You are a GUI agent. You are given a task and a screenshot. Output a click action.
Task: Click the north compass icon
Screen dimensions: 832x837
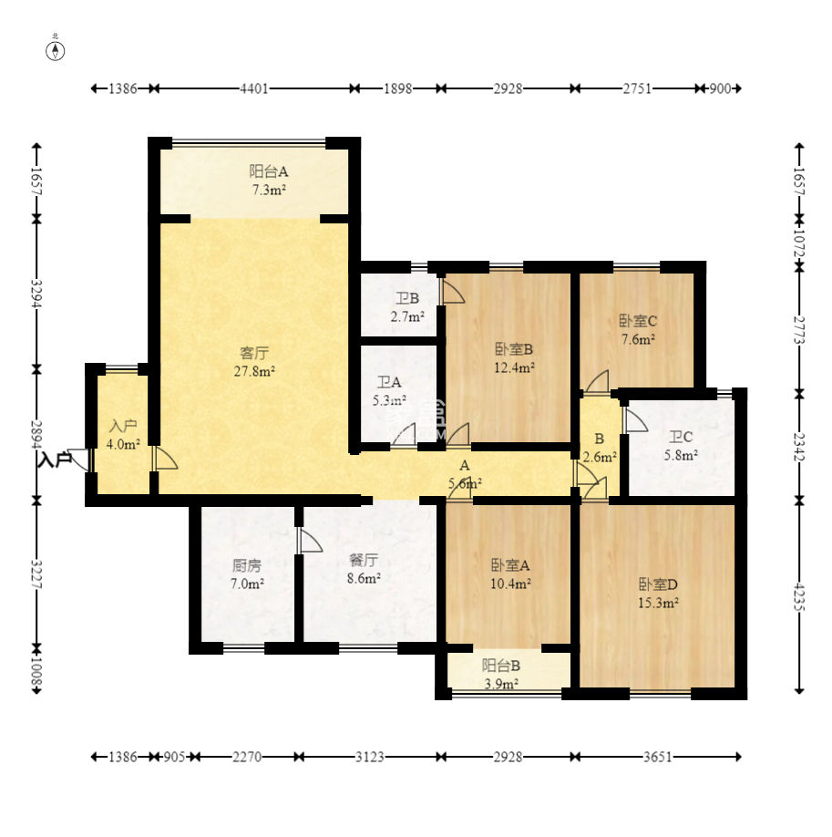point(55,51)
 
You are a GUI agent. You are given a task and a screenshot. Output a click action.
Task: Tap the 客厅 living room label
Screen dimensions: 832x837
point(254,353)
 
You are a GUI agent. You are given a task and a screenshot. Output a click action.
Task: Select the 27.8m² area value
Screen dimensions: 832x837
point(254,371)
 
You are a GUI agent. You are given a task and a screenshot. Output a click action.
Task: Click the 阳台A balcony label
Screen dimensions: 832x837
point(269,171)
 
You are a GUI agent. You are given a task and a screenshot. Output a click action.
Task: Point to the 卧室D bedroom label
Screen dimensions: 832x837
point(658,584)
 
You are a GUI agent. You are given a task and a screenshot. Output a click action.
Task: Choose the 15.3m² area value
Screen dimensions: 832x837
point(658,604)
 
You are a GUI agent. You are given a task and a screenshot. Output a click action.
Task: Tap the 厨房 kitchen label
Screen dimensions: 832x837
point(247,565)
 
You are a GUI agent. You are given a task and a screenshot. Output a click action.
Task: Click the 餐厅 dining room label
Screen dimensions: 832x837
point(364,560)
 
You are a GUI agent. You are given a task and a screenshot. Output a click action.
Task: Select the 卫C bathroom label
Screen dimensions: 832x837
point(681,437)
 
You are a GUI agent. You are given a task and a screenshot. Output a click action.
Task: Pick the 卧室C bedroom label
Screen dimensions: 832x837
point(638,321)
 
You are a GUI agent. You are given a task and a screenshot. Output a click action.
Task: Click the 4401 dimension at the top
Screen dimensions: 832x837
point(254,88)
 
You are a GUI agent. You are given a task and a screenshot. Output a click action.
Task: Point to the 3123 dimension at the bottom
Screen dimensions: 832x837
point(369,757)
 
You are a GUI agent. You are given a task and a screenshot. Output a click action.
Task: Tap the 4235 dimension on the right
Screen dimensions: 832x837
point(799,597)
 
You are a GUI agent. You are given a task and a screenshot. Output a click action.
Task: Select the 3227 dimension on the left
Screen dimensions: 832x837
point(36,573)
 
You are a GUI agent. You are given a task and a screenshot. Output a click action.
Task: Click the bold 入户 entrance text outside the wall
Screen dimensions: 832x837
point(55,459)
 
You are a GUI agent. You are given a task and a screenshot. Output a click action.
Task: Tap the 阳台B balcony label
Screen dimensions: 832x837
point(501,666)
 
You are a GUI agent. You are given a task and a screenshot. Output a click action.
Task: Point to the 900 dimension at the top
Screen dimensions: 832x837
point(720,88)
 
